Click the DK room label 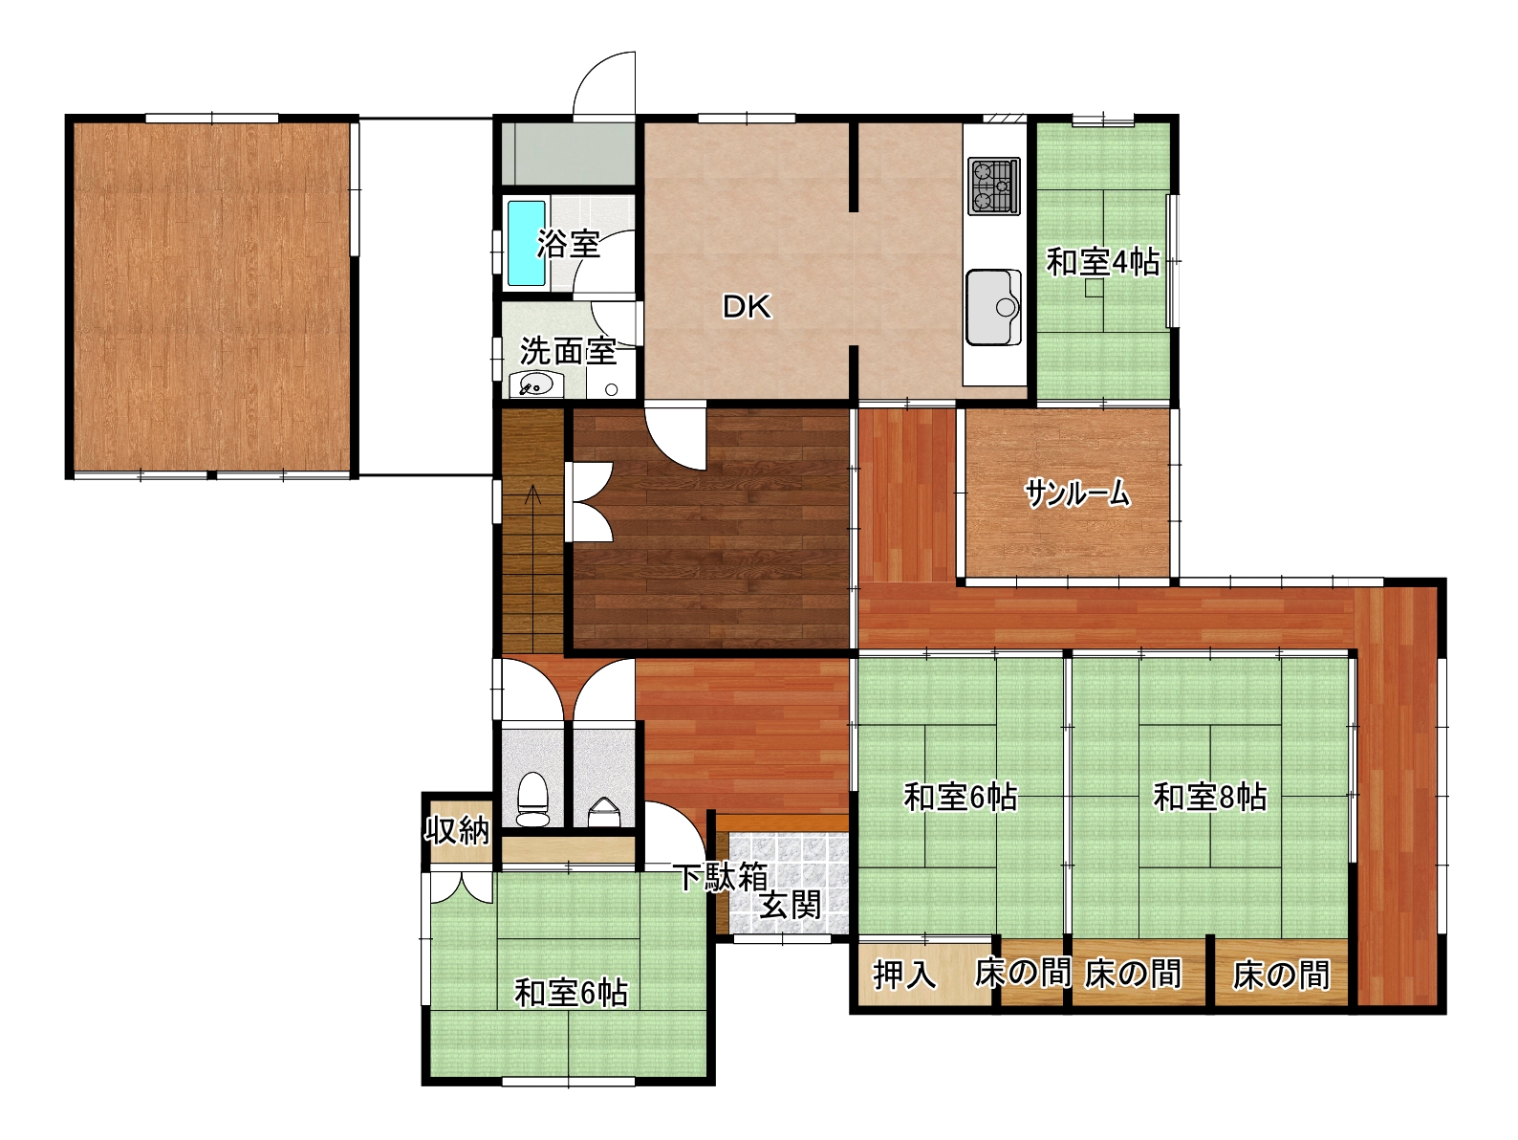pyautogui.click(x=747, y=307)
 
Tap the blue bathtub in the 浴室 pyautogui.click(x=527, y=243)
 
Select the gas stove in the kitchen pyautogui.click(x=994, y=186)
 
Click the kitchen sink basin pyautogui.click(x=993, y=306)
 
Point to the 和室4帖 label pyautogui.click(x=1103, y=262)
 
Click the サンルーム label pyautogui.click(x=1077, y=493)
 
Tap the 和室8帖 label pyautogui.click(x=1210, y=797)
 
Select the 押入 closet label pyautogui.click(x=904, y=975)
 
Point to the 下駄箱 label pyautogui.click(x=722, y=877)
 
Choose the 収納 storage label pyautogui.click(x=457, y=830)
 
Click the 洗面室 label pyautogui.click(x=568, y=351)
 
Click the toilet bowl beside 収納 pyautogui.click(x=532, y=800)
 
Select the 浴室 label pyautogui.click(x=569, y=244)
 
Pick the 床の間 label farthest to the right pyautogui.click(x=1281, y=975)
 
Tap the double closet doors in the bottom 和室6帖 pyautogui.click(x=462, y=888)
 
